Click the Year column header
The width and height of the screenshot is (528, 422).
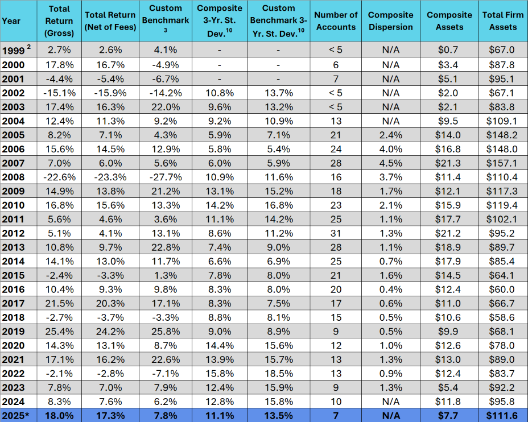[11, 21]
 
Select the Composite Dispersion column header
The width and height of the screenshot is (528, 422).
[390, 21]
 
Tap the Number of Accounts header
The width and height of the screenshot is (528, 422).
[336, 21]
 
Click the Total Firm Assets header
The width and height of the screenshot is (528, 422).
[503, 21]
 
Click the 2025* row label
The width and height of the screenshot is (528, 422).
[15, 416]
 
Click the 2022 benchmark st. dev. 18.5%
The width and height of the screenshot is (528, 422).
[279, 374]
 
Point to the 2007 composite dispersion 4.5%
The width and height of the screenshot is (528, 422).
[390, 163]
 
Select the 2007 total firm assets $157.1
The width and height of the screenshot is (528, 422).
[503, 163]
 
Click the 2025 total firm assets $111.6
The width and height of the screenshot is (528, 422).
[503, 416]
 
